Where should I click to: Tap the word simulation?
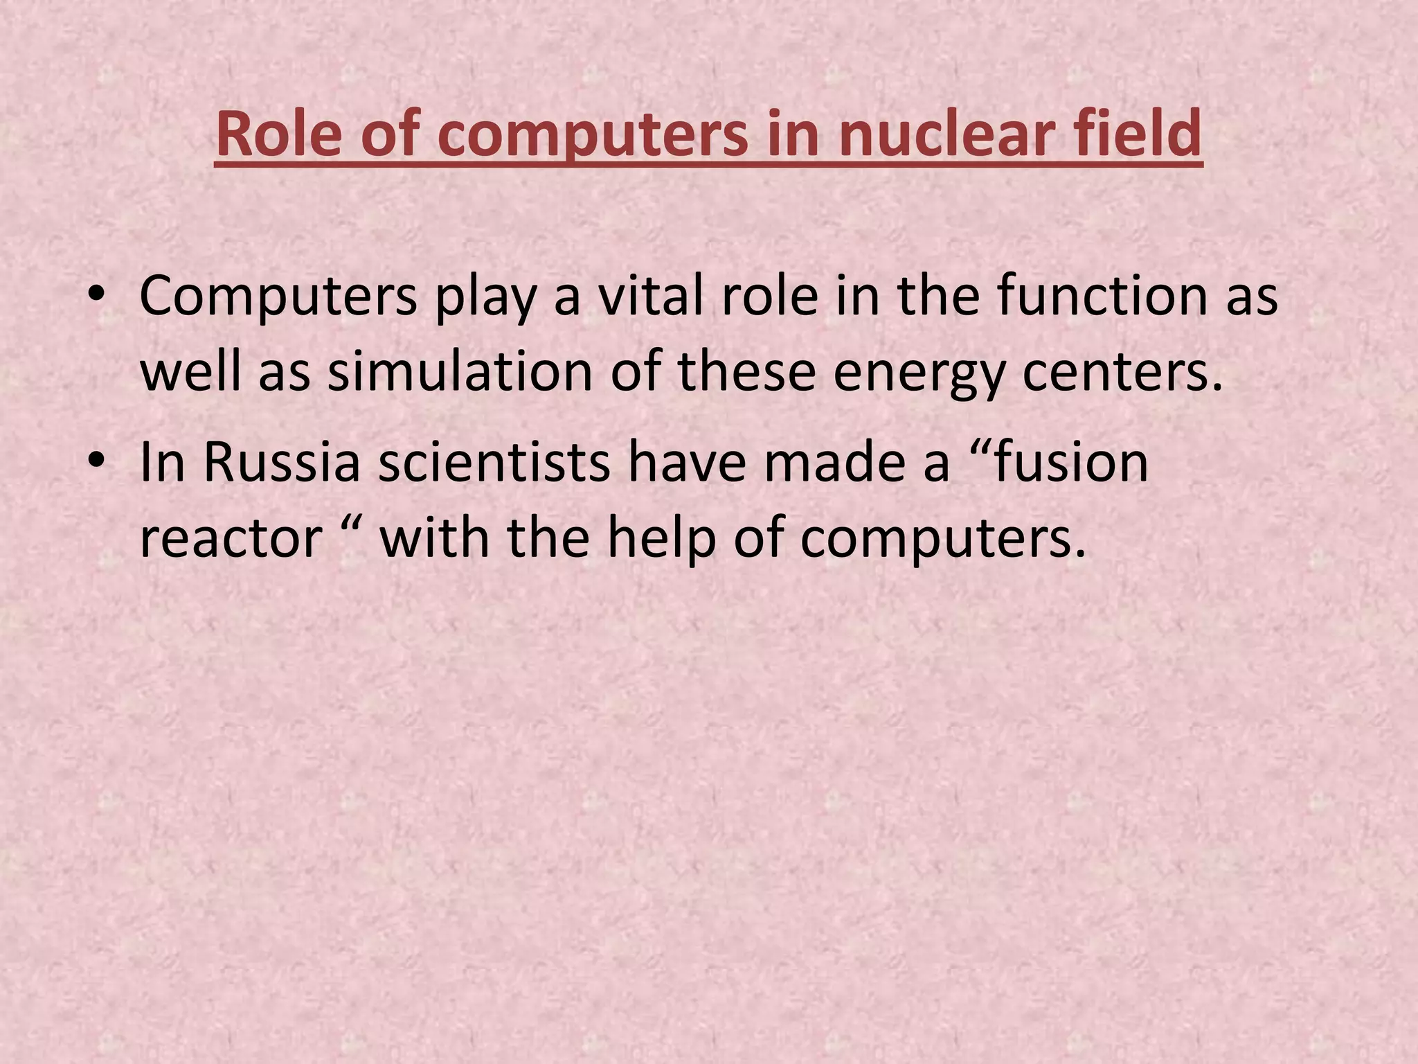[x=460, y=372]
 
